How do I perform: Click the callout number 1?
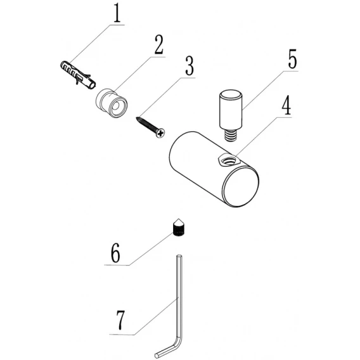(117, 13)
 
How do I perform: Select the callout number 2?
(158, 45)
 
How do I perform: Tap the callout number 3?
(190, 66)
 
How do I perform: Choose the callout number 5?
(292, 59)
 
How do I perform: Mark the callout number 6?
(115, 254)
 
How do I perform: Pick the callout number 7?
(120, 321)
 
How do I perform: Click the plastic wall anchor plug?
(78, 75)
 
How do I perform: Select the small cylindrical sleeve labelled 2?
(112, 103)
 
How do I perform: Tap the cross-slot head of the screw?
(160, 133)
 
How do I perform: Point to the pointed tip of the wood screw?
(137, 118)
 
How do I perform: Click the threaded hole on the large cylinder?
(229, 160)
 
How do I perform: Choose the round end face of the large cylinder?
(241, 186)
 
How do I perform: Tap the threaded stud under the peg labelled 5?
(230, 135)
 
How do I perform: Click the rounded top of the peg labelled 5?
(231, 94)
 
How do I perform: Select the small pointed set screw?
(179, 228)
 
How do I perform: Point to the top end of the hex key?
(179, 256)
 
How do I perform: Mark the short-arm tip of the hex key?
(157, 356)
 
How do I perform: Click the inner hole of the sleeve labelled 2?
(116, 106)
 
